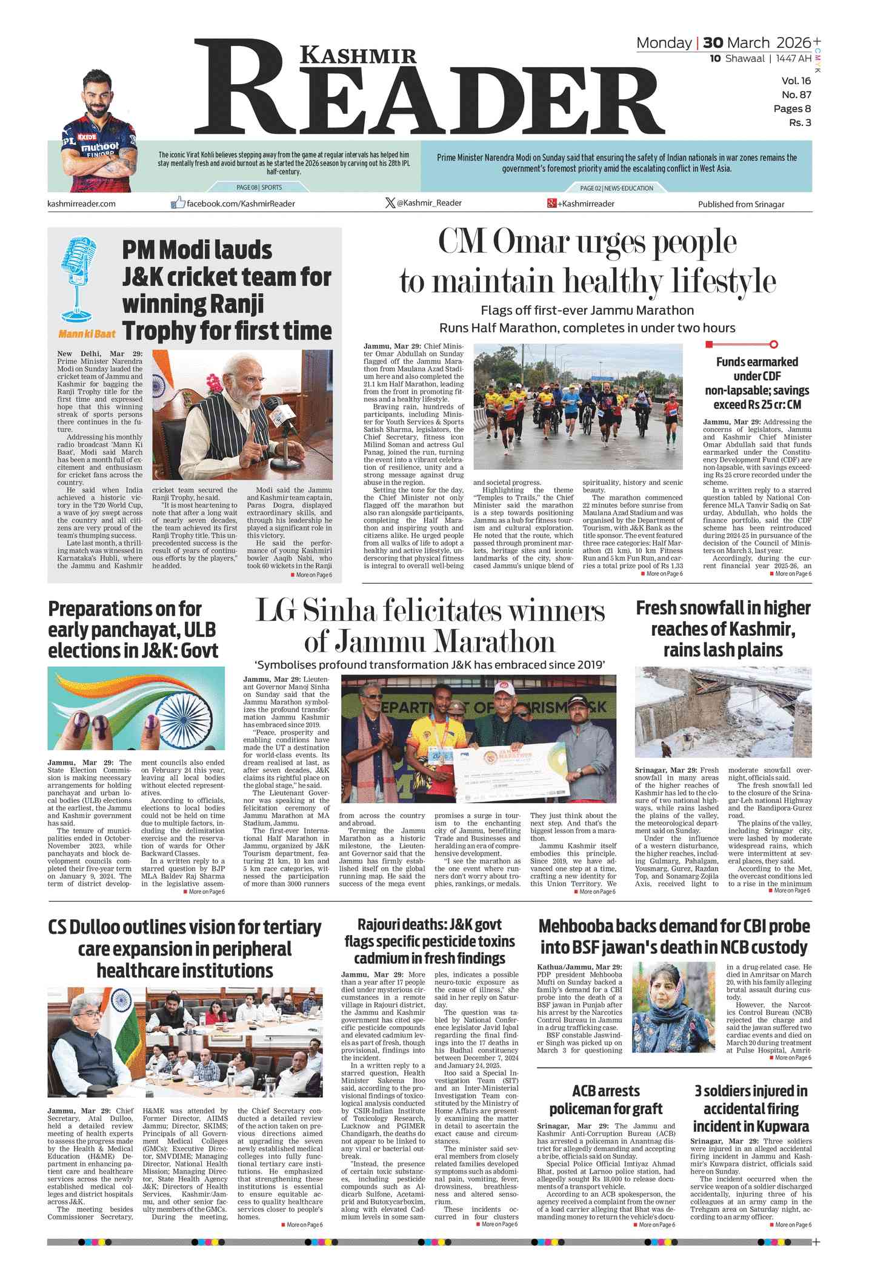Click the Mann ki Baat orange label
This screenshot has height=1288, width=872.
coord(87,334)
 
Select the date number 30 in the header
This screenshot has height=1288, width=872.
coord(713,43)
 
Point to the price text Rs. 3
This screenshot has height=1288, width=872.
coord(800,123)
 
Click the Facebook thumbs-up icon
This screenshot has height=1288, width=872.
coord(178,203)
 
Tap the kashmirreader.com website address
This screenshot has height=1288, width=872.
coord(81,203)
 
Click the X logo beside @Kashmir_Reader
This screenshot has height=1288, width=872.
coord(390,203)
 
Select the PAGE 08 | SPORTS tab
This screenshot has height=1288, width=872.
coord(259,188)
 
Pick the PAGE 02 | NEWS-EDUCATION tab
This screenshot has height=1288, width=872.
coord(616,188)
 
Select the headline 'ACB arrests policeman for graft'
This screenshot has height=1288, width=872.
coord(605,1100)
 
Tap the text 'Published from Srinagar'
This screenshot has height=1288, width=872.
coord(741,204)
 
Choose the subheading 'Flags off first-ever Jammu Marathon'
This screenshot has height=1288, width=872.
coord(587,311)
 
